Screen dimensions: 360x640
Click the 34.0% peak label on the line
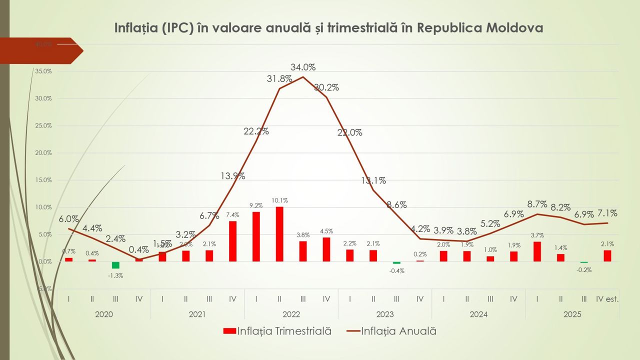303,67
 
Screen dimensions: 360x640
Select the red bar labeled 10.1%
279,234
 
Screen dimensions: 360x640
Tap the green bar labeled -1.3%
115,265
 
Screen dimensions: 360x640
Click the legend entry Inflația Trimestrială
277,331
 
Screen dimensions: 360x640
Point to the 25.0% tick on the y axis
43,125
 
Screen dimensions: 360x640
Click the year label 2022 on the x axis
291,314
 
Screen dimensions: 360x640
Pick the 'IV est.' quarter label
607,299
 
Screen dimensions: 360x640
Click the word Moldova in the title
513,27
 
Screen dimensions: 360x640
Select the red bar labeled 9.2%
256,236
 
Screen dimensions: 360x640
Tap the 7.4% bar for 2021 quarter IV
232,241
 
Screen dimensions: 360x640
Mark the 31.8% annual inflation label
279,78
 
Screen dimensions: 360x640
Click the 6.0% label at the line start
68,219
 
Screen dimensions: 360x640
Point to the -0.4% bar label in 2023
396,271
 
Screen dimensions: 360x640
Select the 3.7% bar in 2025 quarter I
537,251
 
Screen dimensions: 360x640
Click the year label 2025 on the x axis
572,314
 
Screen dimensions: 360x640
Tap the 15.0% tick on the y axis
43,180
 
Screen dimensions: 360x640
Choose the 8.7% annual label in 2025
537,204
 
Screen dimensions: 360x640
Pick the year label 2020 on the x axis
103,314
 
